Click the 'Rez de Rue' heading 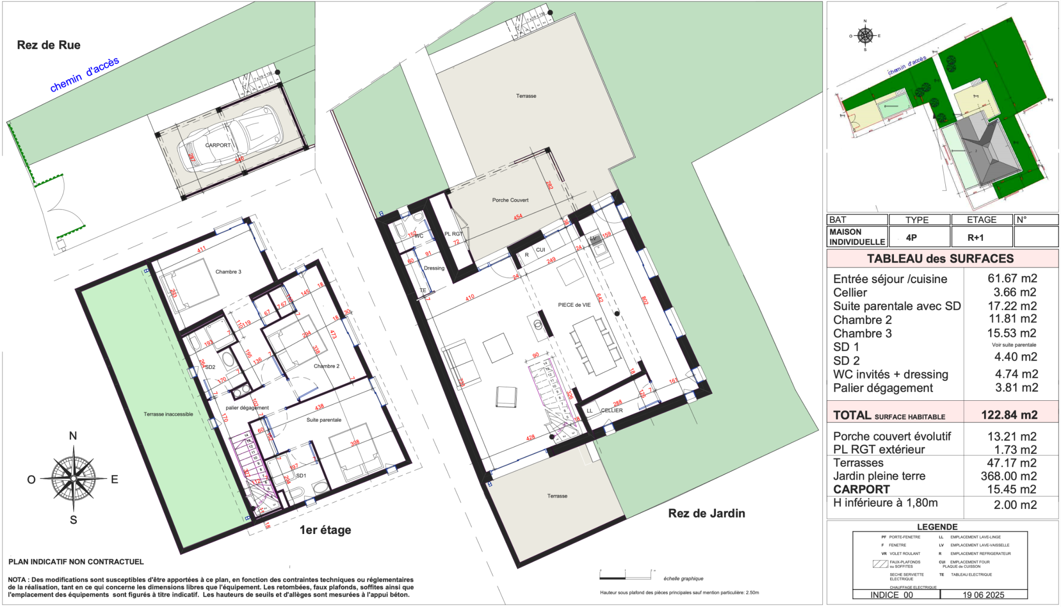pyautogui.click(x=48, y=45)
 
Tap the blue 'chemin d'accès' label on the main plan pyautogui.click(x=84, y=75)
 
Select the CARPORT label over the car pyautogui.click(x=218, y=146)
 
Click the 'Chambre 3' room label pyautogui.click(x=228, y=272)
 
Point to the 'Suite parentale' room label pyautogui.click(x=324, y=420)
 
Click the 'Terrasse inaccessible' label pyautogui.click(x=168, y=414)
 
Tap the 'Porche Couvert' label pyautogui.click(x=510, y=200)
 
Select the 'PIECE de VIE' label pyautogui.click(x=574, y=305)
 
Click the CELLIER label pyautogui.click(x=612, y=410)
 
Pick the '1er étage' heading pyautogui.click(x=325, y=530)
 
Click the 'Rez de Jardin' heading pyautogui.click(x=707, y=513)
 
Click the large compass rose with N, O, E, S pyautogui.click(x=73, y=478)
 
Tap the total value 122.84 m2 pyautogui.click(x=1009, y=415)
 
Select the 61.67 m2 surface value pyautogui.click(x=1012, y=278)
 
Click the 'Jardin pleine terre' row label pyautogui.click(x=879, y=476)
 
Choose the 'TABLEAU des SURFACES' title pyautogui.click(x=940, y=258)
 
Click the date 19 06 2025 pyautogui.click(x=983, y=595)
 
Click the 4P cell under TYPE pyautogui.click(x=911, y=238)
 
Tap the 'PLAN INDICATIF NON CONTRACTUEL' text pyautogui.click(x=76, y=561)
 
